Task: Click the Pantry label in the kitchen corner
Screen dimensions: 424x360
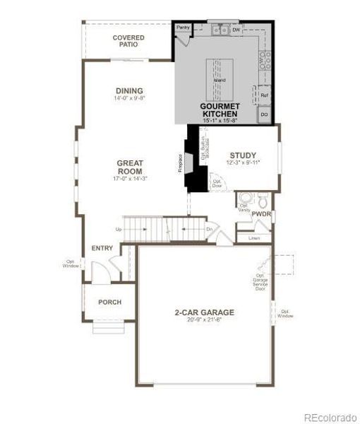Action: click(184, 28)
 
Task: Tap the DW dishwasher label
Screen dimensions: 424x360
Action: click(238, 30)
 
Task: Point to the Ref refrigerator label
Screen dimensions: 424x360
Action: click(265, 95)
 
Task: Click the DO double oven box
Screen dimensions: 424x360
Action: click(265, 114)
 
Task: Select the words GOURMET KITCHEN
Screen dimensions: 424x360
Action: click(220, 110)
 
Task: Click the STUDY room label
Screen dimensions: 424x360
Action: click(243, 155)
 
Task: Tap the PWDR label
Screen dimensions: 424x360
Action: click(262, 213)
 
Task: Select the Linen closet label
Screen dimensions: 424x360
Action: click(253, 238)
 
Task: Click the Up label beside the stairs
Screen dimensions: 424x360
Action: click(117, 230)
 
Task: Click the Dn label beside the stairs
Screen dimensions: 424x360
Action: click(210, 230)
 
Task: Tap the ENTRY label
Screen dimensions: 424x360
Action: click(102, 248)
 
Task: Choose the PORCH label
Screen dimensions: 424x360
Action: click(109, 302)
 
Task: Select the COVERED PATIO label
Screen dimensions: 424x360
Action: click(128, 41)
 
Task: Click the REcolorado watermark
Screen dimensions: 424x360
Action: click(330, 417)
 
